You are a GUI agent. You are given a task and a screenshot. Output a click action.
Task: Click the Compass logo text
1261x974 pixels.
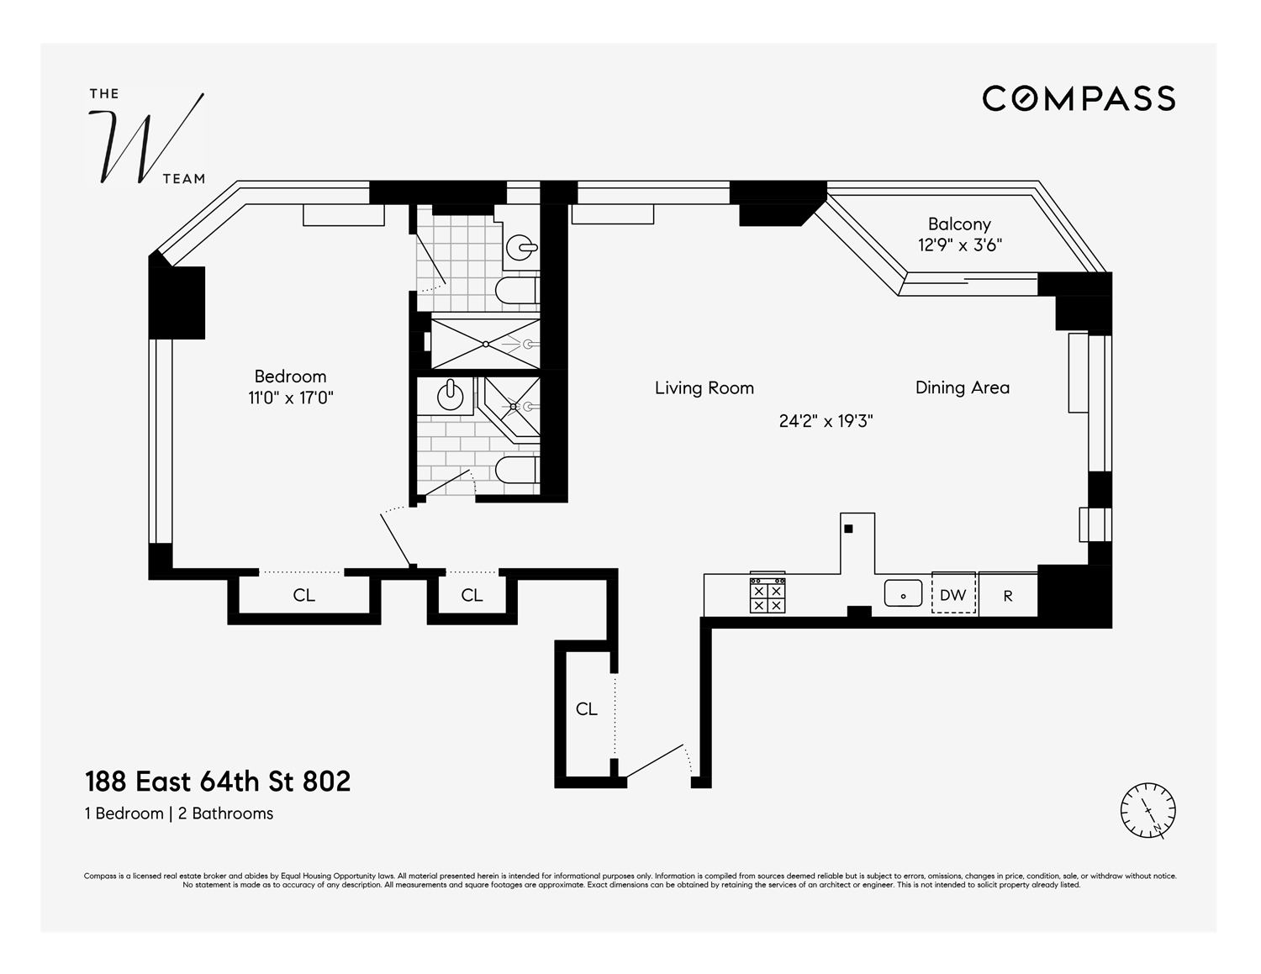[x=1079, y=98]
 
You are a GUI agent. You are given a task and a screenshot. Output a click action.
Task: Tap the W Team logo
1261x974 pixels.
[x=148, y=140]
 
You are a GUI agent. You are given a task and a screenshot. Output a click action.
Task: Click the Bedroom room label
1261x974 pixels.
[x=290, y=376]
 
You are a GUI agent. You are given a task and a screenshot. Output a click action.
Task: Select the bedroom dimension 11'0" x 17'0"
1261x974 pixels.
[x=290, y=398]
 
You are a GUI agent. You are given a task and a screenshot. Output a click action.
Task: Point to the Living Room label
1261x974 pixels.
[x=704, y=388]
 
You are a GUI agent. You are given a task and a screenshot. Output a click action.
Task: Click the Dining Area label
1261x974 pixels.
[x=962, y=387]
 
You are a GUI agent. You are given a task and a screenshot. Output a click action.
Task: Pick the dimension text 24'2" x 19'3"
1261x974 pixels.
[x=826, y=421]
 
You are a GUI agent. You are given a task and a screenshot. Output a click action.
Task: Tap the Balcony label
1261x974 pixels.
[x=958, y=224]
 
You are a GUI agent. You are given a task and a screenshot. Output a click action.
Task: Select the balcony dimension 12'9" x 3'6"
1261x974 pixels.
[x=959, y=245]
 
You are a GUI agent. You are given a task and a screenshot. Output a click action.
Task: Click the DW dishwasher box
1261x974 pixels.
[x=953, y=594]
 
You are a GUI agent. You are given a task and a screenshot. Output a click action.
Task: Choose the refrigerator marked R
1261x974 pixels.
[x=1008, y=595]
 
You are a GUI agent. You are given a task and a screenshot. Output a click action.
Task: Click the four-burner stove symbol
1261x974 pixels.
[x=767, y=595]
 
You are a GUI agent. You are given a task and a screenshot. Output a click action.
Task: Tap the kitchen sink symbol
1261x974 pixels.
[x=903, y=593]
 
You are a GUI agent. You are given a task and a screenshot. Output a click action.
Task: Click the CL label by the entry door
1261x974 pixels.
[x=587, y=709]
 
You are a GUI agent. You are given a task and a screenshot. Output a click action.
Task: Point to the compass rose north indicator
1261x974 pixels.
[x=1148, y=811]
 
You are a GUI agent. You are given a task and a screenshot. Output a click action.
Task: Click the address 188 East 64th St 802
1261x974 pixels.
[x=218, y=782]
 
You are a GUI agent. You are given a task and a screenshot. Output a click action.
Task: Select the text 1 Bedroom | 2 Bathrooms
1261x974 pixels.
[x=179, y=813]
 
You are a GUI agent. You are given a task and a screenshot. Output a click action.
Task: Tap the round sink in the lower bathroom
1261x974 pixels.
[x=452, y=395]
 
